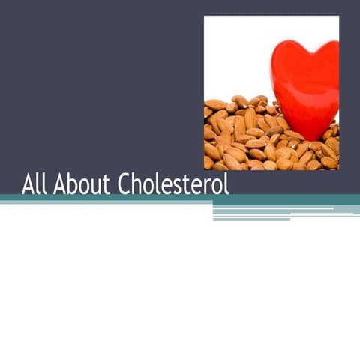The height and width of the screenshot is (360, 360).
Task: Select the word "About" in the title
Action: point(78,184)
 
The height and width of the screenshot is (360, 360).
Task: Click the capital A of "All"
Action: point(28,184)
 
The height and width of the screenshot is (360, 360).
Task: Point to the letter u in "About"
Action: point(92,186)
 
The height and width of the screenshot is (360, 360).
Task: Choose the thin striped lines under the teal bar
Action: point(285,213)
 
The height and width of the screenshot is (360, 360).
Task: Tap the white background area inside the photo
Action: point(232,52)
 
